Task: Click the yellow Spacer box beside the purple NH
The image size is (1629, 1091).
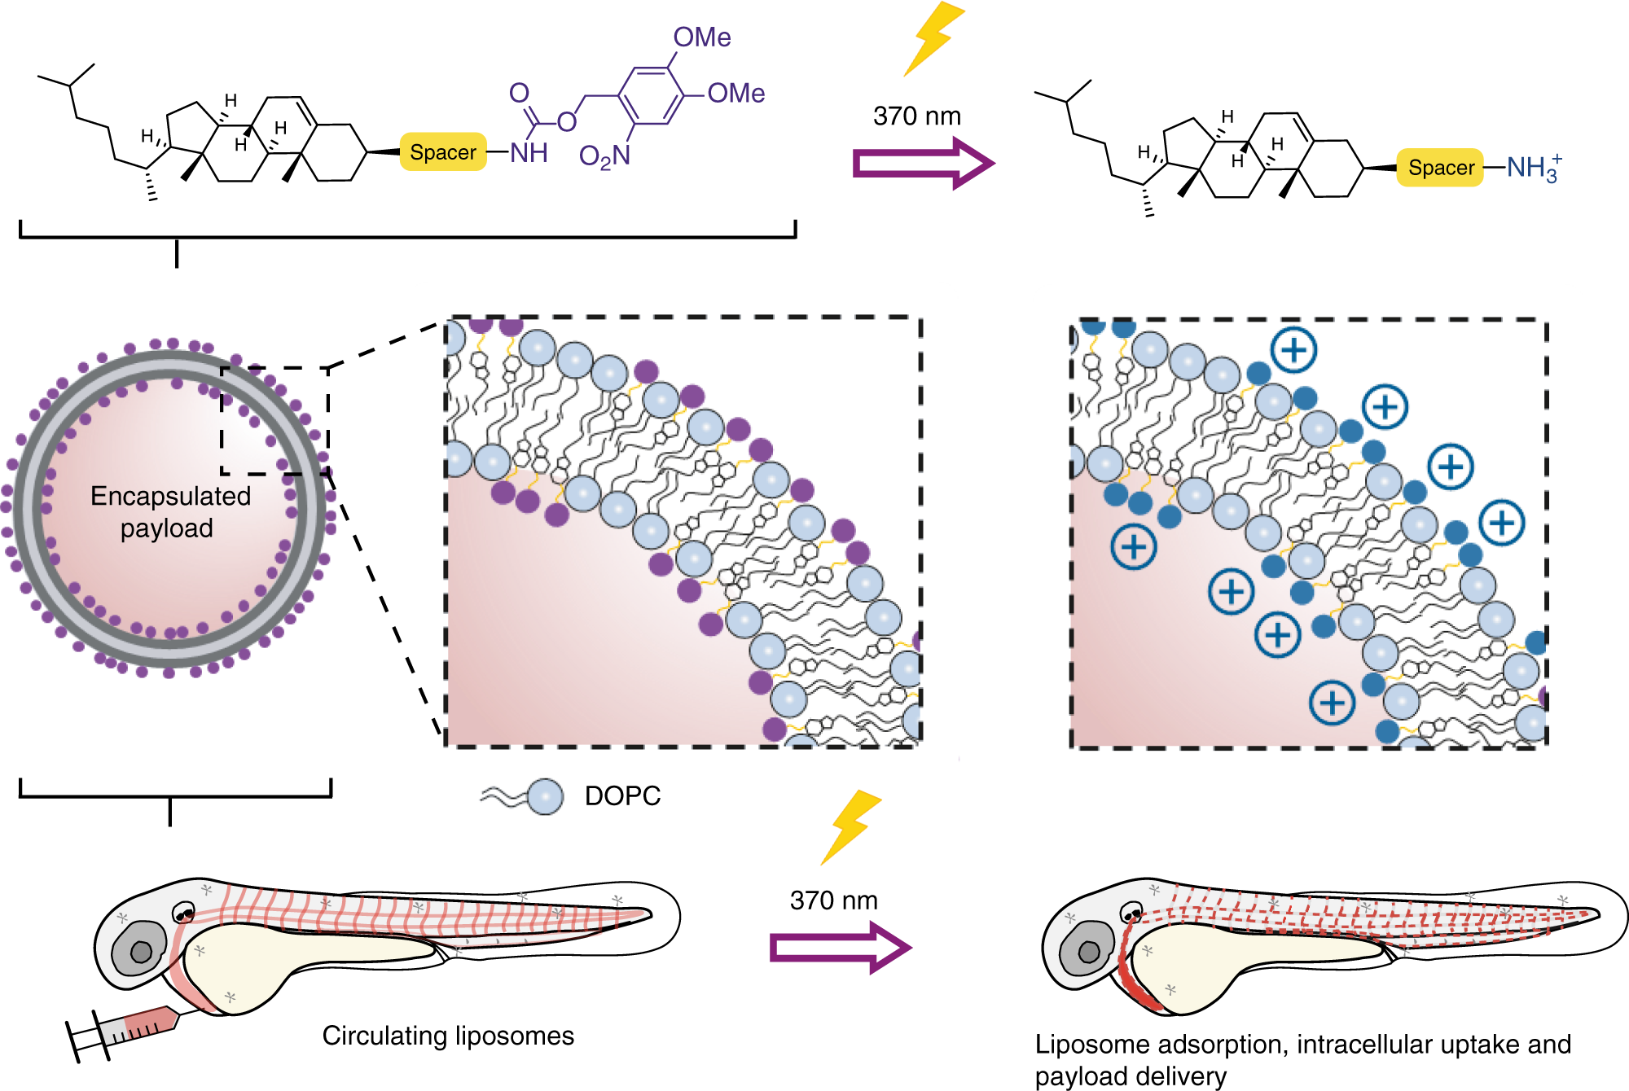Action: tap(443, 152)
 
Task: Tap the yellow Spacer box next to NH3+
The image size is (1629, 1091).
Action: tap(1440, 168)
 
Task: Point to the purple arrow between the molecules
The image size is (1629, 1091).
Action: tap(923, 163)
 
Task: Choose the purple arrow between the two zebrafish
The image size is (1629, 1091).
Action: tap(840, 948)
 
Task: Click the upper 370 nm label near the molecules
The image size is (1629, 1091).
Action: tap(917, 116)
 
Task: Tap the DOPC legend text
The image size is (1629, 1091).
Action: tap(622, 795)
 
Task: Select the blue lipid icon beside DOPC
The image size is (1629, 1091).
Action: tap(544, 796)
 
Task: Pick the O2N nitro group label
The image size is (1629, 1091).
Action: tap(604, 156)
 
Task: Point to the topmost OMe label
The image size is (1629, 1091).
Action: tap(701, 37)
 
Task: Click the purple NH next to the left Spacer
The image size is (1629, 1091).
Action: tap(529, 152)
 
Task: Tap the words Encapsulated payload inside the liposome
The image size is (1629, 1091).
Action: tap(169, 512)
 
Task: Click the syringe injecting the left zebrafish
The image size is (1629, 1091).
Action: tap(130, 1031)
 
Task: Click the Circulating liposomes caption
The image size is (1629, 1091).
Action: tap(448, 1036)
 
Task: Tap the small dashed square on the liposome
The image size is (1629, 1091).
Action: tap(274, 420)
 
